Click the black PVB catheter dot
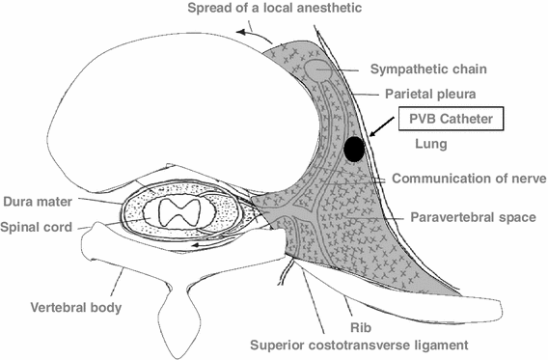pyautogui.click(x=355, y=149)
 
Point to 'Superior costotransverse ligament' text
pyautogui.click(x=358, y=345)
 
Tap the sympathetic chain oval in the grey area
pyautogui.click(x=318, y=69)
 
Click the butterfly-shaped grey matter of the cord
pyautogui.click(x=180, y=214)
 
